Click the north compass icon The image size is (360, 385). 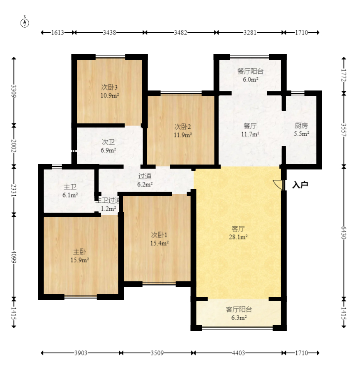[25, 22]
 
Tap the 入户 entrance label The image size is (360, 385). [300, 185]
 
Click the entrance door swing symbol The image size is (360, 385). [278, 185]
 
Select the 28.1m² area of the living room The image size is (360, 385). [238, 237]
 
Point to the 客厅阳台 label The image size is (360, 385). [239, 309]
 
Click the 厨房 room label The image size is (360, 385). [301, 126]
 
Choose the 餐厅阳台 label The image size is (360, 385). [250, 71]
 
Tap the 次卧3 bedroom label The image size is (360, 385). [109, 87]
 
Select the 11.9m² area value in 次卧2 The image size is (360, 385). [183, 135]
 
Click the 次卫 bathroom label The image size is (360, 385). [108, 142]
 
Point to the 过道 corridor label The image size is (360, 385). [145, 176]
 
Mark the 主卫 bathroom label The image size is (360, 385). [70, 187]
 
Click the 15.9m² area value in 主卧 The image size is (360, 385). [80, 260]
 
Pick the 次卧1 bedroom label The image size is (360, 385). [159, 235]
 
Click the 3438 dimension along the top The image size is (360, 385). [109, 32]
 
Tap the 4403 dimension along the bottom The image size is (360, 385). [238, 353]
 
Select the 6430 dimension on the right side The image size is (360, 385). [344, 233]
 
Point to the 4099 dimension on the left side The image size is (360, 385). [14, 257]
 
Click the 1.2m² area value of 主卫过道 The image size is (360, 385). [108, 209]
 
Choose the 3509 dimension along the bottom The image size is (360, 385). [157, 353]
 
